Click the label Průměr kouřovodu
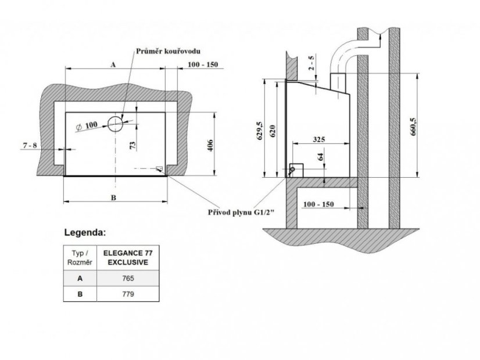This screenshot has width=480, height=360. [x=168, y=51]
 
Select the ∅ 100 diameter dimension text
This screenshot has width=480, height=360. [x=87, y=125]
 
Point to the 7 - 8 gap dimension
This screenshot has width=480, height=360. [x=30, y=145]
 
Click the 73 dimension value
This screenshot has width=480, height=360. [x=133, y=145]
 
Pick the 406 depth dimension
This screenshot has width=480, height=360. [x=210, y=145]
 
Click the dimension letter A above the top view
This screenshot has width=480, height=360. [x=113, y=64]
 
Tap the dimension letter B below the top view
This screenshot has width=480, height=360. [x=113, y=197]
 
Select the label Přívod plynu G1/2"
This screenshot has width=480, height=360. [x=241, y=213]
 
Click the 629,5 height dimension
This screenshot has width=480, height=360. [x=260, y=131]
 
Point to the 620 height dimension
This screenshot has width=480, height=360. [x=273, y=131]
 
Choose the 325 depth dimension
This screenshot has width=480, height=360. [x=319, y=139]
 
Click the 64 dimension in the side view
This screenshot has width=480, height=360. [x=321, y=157]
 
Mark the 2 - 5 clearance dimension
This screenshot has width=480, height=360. [x=311, y=63]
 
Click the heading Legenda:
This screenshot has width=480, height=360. [x=85, y=233]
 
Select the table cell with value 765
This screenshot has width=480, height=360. [x=128, y=278]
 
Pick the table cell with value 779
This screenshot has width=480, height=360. [x=128, y=294]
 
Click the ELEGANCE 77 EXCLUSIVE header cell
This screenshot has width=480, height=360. [x=128, y=258]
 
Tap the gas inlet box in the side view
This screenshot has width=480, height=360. [x=296, y=171]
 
